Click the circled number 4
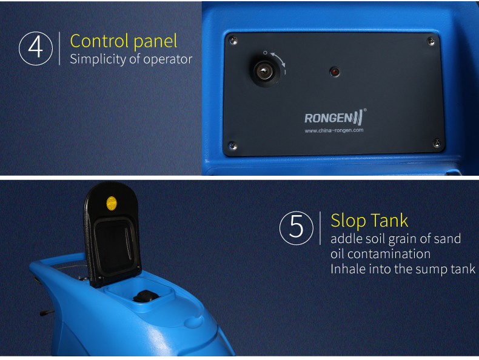tap(36, 48)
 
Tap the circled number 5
tap(296, 228)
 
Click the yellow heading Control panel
tap(124, 41)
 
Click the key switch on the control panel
tap(264, 72)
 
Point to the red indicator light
tap(335, 72)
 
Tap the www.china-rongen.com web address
tap(334, 130)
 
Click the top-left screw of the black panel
tap(233, 41)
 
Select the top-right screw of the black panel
tap(431, 41)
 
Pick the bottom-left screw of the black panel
tap(232, 145)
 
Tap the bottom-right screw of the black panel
tap(437, 142)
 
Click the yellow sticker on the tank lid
tap(112, 204)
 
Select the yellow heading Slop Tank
tap(369, 221)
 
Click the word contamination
tap(389, 254)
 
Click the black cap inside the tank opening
tap(146, 296)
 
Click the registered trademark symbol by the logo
tap(365, 110)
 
